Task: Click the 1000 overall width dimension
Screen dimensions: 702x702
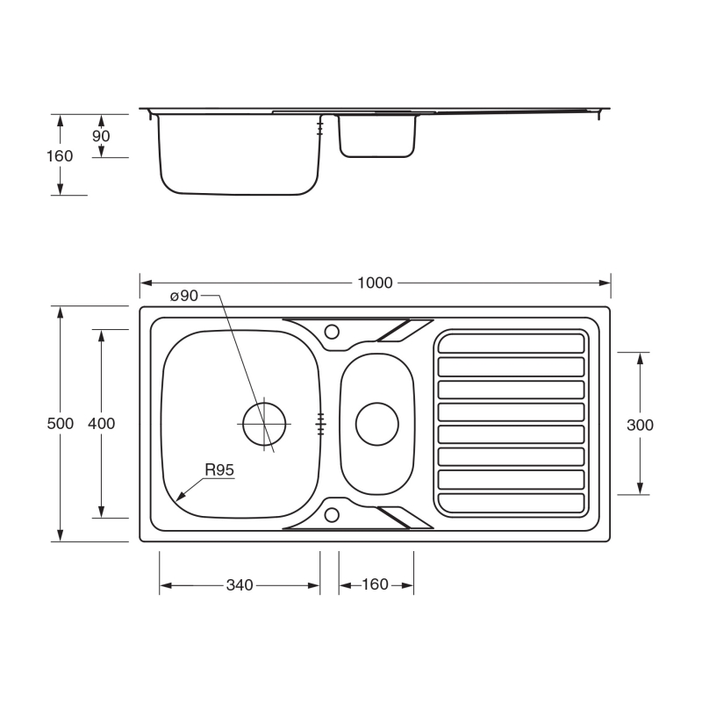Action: pyautogui.click(x=375, y=283)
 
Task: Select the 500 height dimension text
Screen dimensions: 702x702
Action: pyautogui.click(x=61, y=423)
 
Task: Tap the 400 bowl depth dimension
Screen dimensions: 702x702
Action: pyautogui.click(x=102, y=423)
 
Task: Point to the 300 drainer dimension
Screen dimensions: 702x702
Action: pyautogui.click(x=641, y=425)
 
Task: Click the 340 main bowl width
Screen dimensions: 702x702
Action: pyautogui.click(x=240, y=585)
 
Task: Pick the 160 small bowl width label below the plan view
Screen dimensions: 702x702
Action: pyautogui.click(x=375, y=585)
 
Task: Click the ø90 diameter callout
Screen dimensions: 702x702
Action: pyautogui.click(x=184, y=297)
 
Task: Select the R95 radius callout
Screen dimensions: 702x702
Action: pyautogui.click(x=219, y=470)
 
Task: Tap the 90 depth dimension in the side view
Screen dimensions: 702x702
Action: pyautogui.click(x=102, y=136)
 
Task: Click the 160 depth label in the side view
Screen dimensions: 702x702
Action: pyautogui.click(x=61, y=156)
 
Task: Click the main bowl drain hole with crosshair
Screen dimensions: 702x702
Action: pyautogui.click(x=264, y=423)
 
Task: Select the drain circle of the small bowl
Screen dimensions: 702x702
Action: pyautogui.click(x=376, y=423)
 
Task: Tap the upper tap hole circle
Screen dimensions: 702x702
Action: pyautogui.click(x=333, y=331)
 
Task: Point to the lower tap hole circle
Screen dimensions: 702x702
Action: pyautogui.click(x=333, y=515)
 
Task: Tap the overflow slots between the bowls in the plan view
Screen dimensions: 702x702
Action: pyautogui.click(x=321, y=423)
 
